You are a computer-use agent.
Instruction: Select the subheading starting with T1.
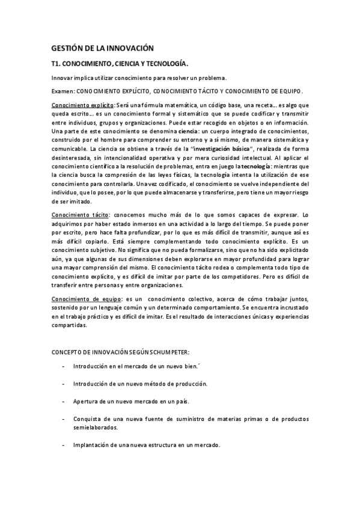click(120, 63)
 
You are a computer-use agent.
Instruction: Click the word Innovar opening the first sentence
click(63, 78)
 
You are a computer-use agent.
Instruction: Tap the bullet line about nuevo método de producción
click(140, 383)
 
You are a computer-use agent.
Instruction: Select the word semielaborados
click(96, 427)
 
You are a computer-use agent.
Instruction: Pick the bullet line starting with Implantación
click(147, 445)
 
